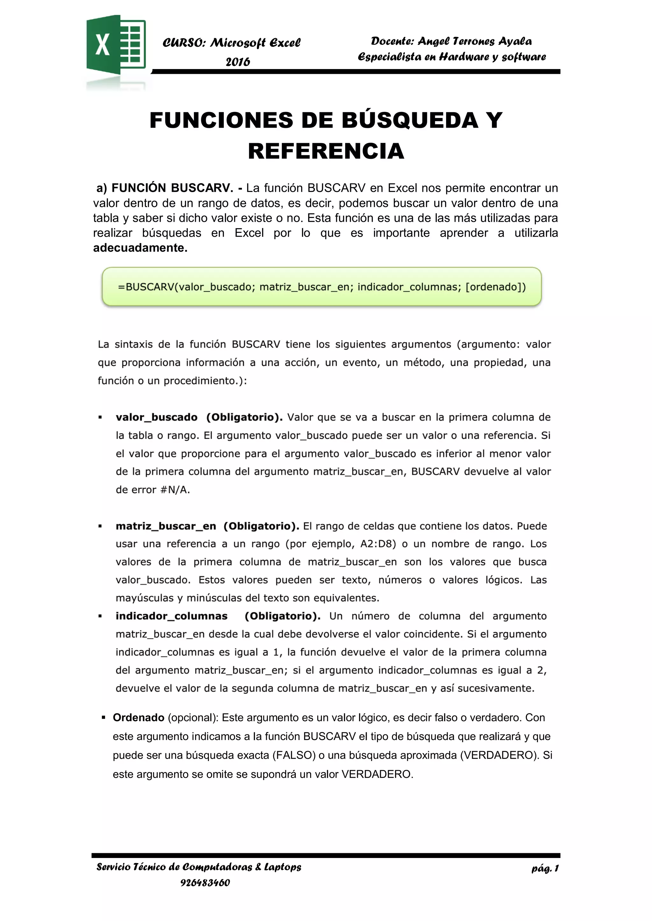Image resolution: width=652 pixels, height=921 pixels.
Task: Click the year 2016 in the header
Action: pos(238,62)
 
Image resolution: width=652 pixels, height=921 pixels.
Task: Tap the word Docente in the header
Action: pos(392,41)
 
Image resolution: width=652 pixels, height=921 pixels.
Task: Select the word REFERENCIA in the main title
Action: pos(326,151)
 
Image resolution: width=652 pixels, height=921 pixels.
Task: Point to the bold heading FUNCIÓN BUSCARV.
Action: pos(172,188)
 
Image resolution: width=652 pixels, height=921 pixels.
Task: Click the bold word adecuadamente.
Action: pos(140,248)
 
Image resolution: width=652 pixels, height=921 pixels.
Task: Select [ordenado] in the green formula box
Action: pos(495,287)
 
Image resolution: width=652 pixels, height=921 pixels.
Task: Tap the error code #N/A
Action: pos(175,490)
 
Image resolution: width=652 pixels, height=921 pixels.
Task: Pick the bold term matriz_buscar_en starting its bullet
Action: pos(166,526)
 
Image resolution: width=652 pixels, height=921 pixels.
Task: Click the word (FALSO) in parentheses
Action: pos(294,755)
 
